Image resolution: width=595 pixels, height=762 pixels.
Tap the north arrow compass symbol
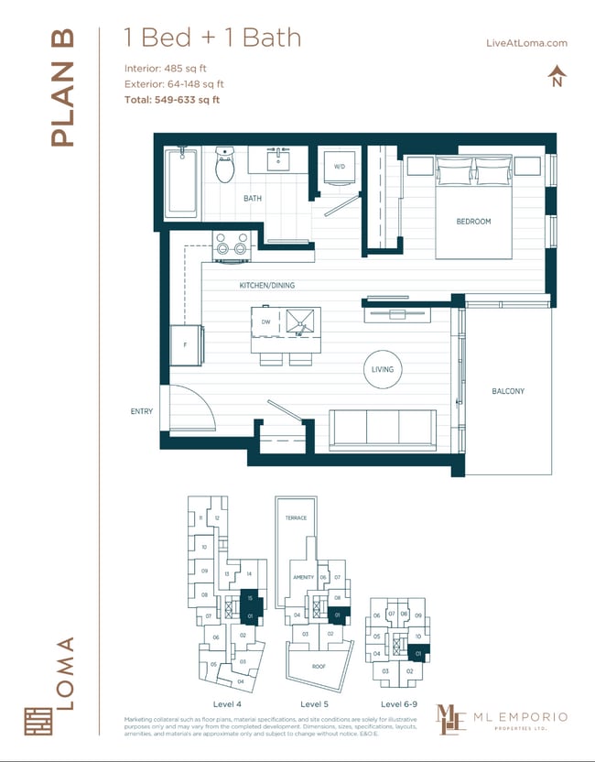click(556, 76)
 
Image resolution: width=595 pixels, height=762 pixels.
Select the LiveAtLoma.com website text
click(530, 43)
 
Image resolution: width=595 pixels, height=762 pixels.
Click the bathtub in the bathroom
click(181, 183)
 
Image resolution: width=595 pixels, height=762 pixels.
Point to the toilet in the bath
click(224, 165)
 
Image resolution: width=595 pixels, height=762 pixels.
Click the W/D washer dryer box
click(339, 168)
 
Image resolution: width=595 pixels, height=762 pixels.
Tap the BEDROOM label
click(473, 222)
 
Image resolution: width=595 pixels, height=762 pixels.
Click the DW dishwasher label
click(265, 321)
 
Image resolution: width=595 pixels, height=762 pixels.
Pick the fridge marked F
click(187, 346)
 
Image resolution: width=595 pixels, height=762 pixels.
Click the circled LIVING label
click(382, 370)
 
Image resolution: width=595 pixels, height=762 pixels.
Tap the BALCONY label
click(508, 391)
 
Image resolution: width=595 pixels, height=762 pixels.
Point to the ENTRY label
click(142, 412)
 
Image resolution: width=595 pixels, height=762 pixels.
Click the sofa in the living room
click(382, 430)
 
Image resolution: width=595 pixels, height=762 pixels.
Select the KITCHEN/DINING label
click(267, 286)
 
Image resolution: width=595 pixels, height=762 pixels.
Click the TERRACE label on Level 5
click(296, 517)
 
